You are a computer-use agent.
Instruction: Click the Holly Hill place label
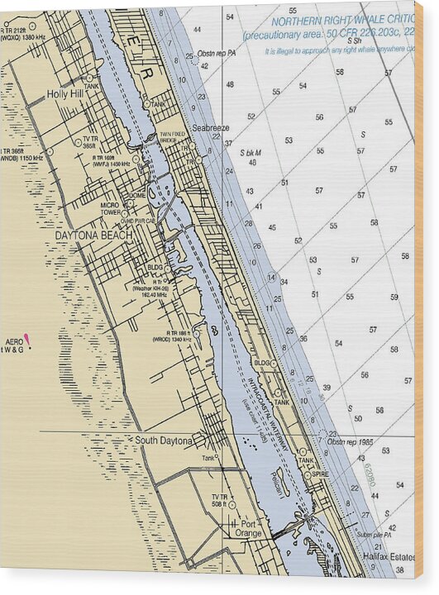point(66,94)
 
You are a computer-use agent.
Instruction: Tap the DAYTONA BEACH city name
point(93,236)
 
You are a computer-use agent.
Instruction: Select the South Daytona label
point(164,441)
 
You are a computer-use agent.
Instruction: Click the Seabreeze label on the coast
point(211,128)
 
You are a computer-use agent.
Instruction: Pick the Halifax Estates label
point(389,557)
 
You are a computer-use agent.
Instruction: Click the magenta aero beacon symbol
point(27,338)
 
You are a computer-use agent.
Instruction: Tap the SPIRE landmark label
point(320,474)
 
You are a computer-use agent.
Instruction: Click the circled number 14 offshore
point(271,277)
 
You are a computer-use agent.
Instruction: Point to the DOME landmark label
point(138,195)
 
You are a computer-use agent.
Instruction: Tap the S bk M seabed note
point(250,153)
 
